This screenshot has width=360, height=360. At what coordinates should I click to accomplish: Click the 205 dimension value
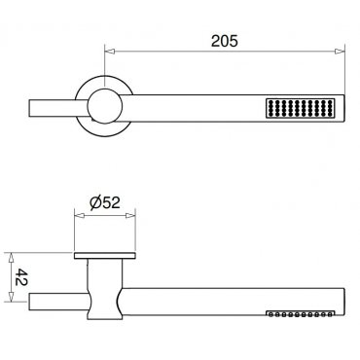tap(225, 41)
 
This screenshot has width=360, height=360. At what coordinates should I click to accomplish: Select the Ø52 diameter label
tap(105, 202)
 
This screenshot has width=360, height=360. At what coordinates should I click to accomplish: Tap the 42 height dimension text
tap(21, 277)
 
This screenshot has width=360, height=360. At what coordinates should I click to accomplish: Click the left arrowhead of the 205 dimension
tap(110, 52)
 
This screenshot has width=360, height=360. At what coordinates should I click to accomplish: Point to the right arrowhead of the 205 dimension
tap(340, 52)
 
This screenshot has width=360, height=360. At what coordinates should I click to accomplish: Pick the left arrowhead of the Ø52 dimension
tap(80, 216)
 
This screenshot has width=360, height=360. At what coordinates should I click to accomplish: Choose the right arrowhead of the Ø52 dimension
tap(130, 216)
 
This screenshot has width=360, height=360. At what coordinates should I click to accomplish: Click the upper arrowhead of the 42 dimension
tap(11, 258)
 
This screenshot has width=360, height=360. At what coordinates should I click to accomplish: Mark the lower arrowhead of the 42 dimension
tap(11, 297)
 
